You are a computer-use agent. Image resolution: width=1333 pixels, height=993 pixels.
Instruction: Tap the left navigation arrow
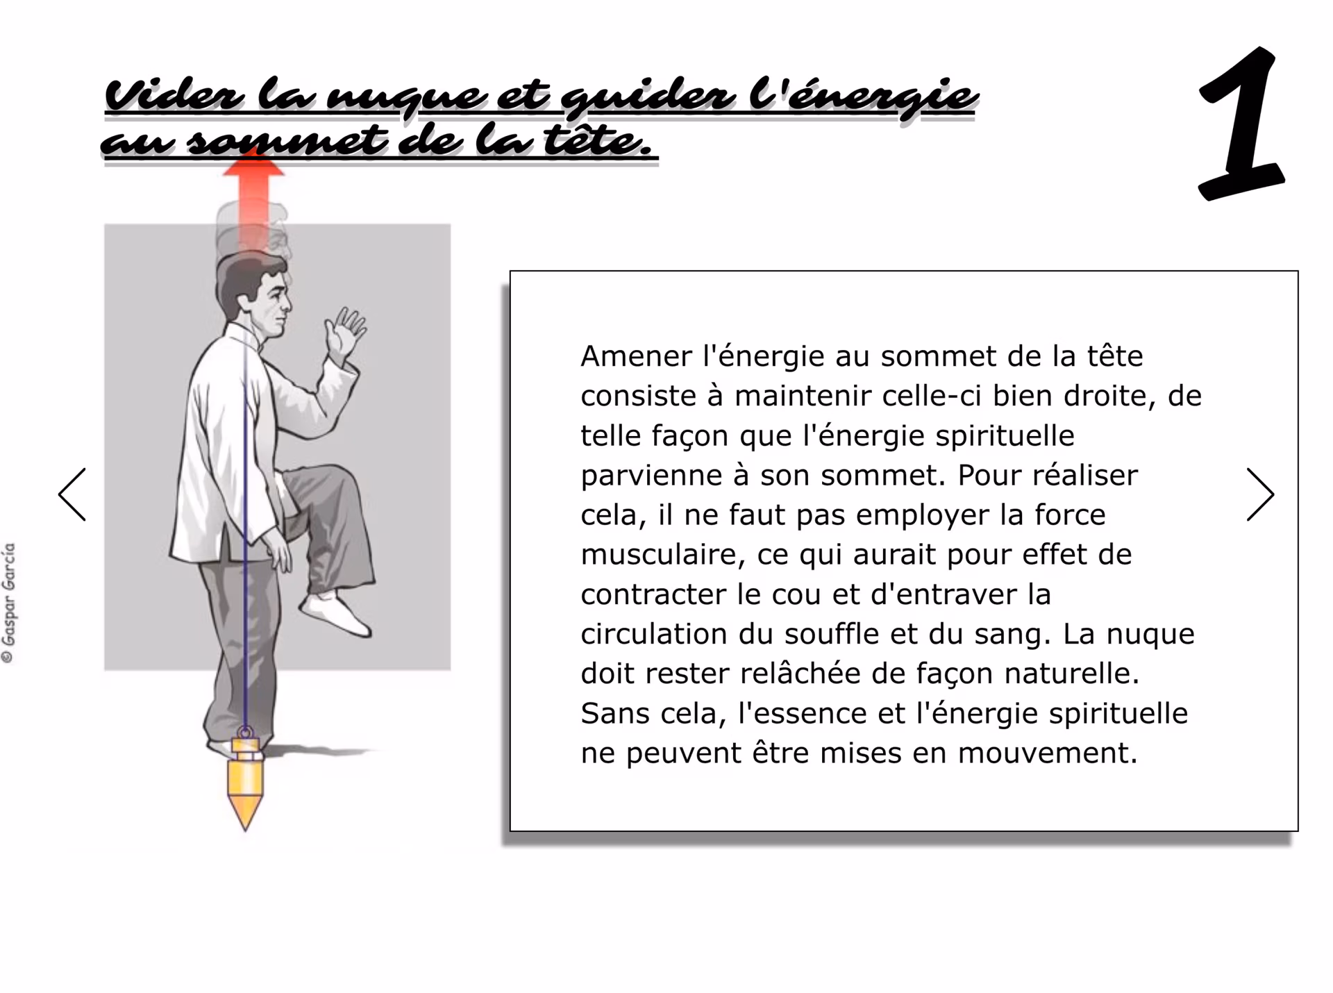pyautogui.click(x=72, y=494)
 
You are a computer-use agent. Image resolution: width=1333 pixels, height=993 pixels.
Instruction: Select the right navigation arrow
pyautogui.click(x=1260, y=494)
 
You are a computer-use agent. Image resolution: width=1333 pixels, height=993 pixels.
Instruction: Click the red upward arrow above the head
pyautogui.click(x=253, y=201)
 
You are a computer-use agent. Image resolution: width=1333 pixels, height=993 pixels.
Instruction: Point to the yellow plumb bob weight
pyautogui.click(x=245, y=781)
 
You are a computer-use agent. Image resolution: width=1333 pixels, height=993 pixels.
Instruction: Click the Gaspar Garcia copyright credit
pyautogui.click(x=9, y=603)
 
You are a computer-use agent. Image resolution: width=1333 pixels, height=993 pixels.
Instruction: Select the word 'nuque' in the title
pyautogui.click(x=406, y=97)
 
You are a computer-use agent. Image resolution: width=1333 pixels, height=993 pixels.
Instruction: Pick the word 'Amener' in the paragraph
pyautogui.click(x=637, y=356)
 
